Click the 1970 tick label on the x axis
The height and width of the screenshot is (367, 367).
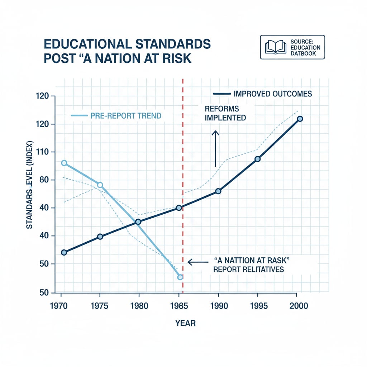point(61,306)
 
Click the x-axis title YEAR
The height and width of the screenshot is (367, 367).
point(185,323)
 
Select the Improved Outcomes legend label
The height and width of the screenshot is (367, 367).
point(272,94)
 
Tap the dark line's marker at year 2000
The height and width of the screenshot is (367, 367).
point(300,119)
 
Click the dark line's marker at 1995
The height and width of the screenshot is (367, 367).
point(257,159)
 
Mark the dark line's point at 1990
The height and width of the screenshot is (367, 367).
point(218,191)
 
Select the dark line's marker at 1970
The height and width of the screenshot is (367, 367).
point(64,252)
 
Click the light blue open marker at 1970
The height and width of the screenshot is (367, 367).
point(64,163)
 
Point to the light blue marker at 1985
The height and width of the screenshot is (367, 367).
point(180,277)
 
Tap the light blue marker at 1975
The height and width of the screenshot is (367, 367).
point(100,185)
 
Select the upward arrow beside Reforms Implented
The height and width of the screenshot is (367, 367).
point(215,148)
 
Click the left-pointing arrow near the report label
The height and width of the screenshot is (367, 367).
point(195,263)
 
